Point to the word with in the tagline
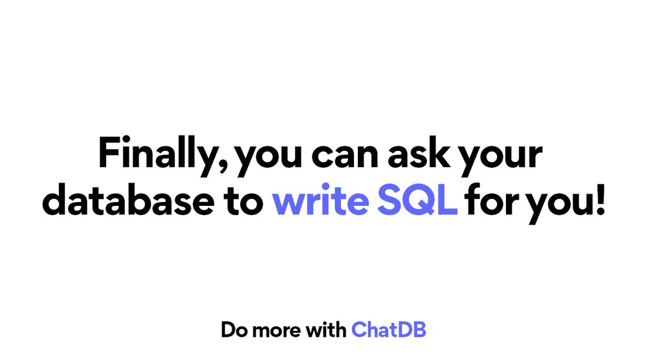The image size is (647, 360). click(326, 330)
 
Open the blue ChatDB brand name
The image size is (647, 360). click(389, 330)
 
